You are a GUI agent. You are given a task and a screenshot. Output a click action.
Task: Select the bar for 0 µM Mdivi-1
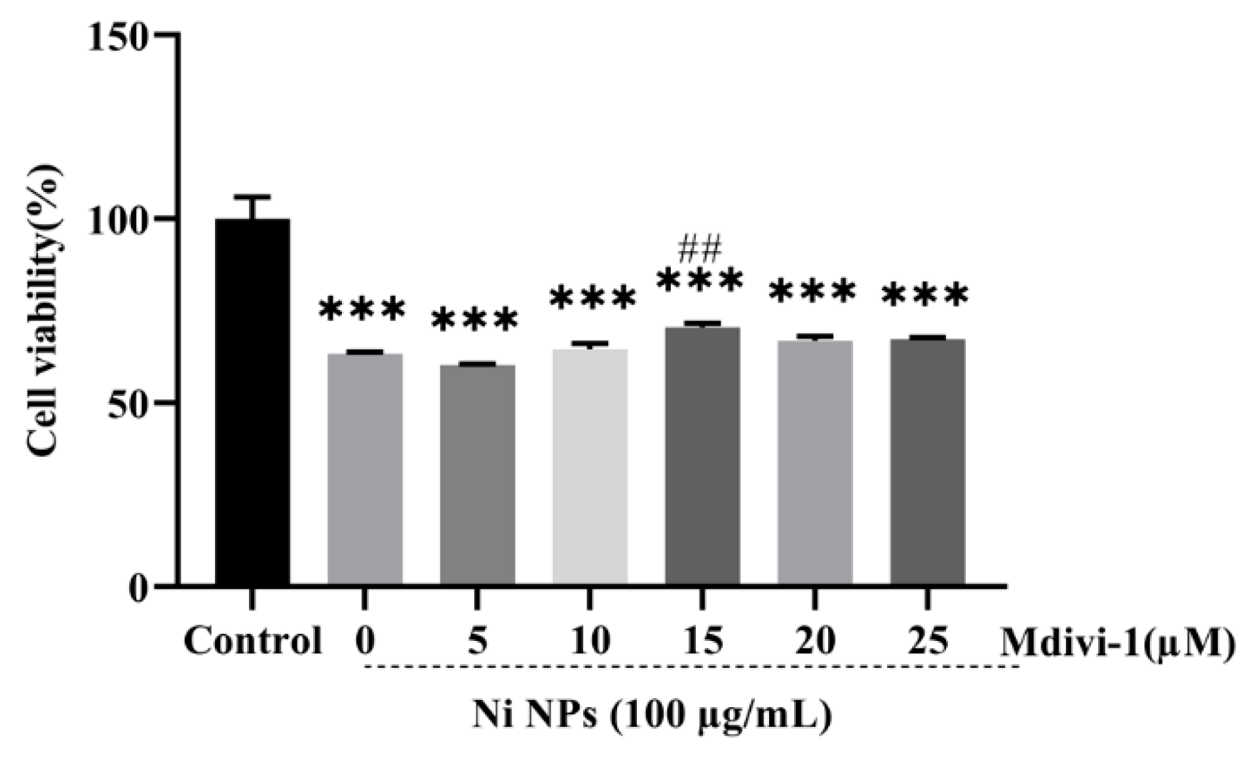(x=365, y=469)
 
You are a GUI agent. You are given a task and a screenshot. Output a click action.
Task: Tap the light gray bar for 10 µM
(x=590, y=466)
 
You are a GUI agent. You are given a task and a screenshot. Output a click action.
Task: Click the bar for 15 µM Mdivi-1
(x=702, y=456)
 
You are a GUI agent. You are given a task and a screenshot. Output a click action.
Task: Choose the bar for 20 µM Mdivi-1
(x=815, y=462)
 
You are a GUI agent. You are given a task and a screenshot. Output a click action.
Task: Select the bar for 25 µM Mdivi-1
(x=927, y=461)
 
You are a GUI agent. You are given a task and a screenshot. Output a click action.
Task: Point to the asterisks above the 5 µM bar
(x=475, y=320)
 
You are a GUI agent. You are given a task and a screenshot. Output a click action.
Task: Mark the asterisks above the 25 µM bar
(x=924, y=296)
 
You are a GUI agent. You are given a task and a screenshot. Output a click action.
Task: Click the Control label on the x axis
(x=253, y=640)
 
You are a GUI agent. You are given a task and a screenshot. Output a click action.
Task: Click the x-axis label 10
(x=590, y=640)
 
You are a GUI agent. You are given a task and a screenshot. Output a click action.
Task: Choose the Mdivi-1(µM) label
(x=1118, y=643)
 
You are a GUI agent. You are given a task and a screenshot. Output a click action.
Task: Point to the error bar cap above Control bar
(x=252, y=197)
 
